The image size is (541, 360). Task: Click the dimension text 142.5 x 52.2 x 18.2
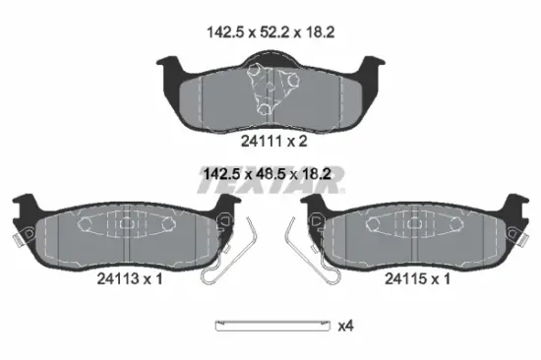tap(270, 32)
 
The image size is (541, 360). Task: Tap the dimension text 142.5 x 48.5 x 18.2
tap(268, 174)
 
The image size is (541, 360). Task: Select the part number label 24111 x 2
tap(274, 142)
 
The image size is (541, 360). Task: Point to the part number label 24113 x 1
tap(130, 278)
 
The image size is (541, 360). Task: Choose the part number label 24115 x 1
tap(417, 278)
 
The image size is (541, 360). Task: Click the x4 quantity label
tap(345, 326)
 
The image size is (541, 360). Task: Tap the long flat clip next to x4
tap(272, 326)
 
